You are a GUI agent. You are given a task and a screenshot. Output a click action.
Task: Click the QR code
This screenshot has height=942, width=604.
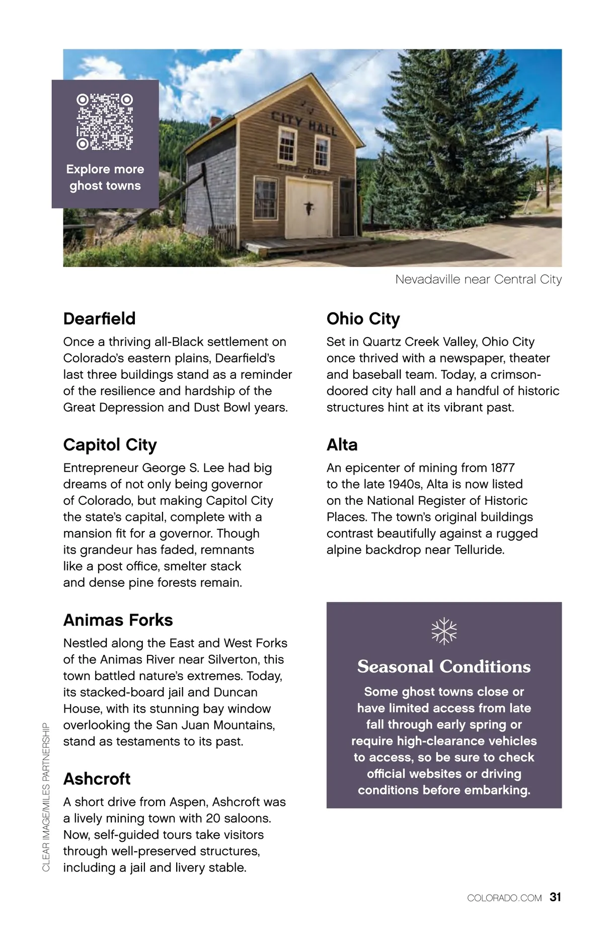pyautogui.click(x=105, y=121)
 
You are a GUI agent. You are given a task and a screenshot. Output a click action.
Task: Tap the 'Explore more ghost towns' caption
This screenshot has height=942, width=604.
pyautogui.click(x=105, y=177)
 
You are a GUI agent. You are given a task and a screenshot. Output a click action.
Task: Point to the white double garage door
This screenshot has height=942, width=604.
pyautogui.click(x=309, y=209)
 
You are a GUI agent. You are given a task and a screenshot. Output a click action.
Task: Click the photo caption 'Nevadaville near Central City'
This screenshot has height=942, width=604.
pyautogui.click(x=478, y=280)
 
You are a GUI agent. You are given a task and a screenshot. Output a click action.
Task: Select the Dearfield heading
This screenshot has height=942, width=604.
pyautogui.click(x=100, y=319)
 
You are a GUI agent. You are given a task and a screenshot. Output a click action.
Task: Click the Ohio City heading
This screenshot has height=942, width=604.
pyautogui.click(x=363, y=319)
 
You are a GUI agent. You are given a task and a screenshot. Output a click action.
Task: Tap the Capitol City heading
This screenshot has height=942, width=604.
pyautogui.click(x=110, y=445)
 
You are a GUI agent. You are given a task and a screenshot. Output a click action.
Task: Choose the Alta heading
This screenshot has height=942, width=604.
pyautogui.click(x=342, y=445)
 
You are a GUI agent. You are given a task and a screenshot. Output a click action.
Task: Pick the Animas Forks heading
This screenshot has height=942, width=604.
pyautogui.click(x=118, y=620)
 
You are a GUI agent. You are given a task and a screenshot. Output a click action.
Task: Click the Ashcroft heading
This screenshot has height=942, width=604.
pyautogui.click(x=97, y=779)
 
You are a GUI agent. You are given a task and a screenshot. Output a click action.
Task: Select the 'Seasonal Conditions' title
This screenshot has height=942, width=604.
pyautogui.click(x=444, y=666)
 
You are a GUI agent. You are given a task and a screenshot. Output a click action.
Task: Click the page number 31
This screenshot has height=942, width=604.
pyautogui.click(x=556, y=897)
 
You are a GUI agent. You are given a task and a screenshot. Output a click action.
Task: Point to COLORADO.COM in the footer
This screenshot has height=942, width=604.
pyautogui.click(x=504, y=898)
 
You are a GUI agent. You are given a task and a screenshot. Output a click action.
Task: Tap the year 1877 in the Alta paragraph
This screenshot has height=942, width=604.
pyautogui.click(x=502, y=468)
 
